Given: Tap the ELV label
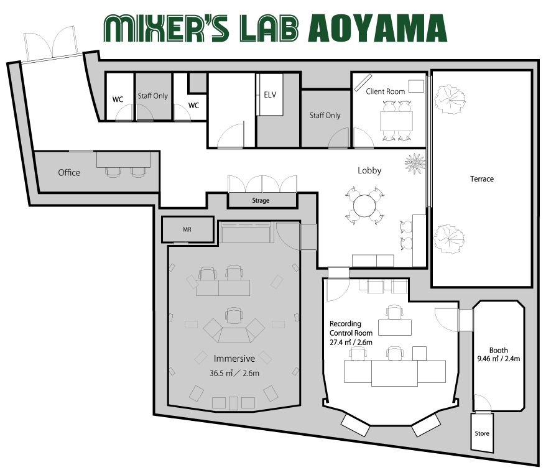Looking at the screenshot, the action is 270,94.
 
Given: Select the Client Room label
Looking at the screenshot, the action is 385,91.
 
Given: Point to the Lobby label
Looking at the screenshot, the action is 369,170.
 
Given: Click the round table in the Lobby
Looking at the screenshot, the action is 364,206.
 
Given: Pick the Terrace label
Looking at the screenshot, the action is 482,179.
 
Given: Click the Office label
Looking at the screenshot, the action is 69,172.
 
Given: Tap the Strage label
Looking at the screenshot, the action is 261,200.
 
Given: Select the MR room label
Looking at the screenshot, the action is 187,229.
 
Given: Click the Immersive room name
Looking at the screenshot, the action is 234,358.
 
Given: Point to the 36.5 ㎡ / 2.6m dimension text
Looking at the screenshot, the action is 234,373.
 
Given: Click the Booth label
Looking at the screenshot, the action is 498,350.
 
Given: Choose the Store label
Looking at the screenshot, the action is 482,433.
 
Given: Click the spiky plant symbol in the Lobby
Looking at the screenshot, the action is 415,164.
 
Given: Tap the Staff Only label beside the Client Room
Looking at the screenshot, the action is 325,115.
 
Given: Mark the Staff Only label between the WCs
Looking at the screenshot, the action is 152,96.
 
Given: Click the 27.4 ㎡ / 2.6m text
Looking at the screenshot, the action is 351,342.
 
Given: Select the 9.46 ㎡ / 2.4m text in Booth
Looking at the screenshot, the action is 498,359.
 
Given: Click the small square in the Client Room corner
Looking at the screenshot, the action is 416,86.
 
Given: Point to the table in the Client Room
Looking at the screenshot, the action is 396,121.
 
